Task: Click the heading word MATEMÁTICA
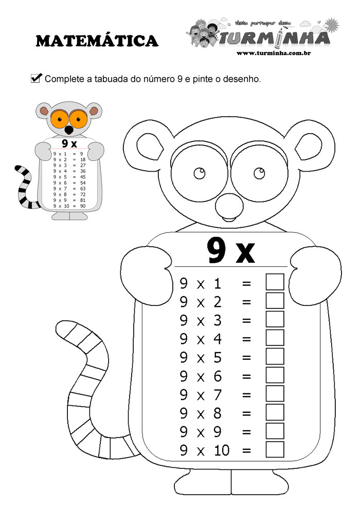tap(97, 41)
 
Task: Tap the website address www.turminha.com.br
tap(276, 53)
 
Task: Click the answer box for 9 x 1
tap(275, 282)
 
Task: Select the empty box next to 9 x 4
tap(275, 338)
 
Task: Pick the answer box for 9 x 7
tap(275, 394)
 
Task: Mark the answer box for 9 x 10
tap(275, 449)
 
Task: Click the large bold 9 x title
tap(231, 250)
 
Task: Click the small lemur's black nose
tap(68, 131)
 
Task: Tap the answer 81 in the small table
tap(83, 201)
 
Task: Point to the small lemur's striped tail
tap(24, 188)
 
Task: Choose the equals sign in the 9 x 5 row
tap(246, 357)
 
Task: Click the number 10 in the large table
tap(221, 450)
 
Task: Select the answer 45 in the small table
tap(83, 177)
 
